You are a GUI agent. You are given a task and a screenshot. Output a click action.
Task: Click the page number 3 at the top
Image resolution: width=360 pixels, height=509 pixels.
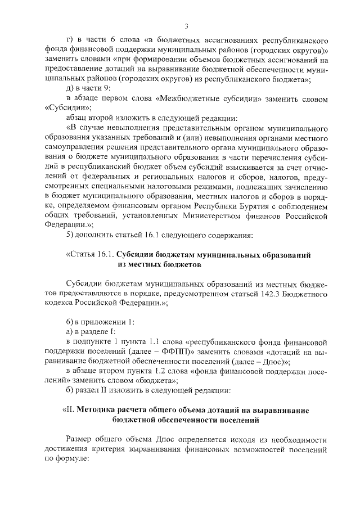click(x=186, y=26)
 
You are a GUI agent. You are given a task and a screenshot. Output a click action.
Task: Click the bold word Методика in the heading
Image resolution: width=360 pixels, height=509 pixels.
click(x=94, y=410)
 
